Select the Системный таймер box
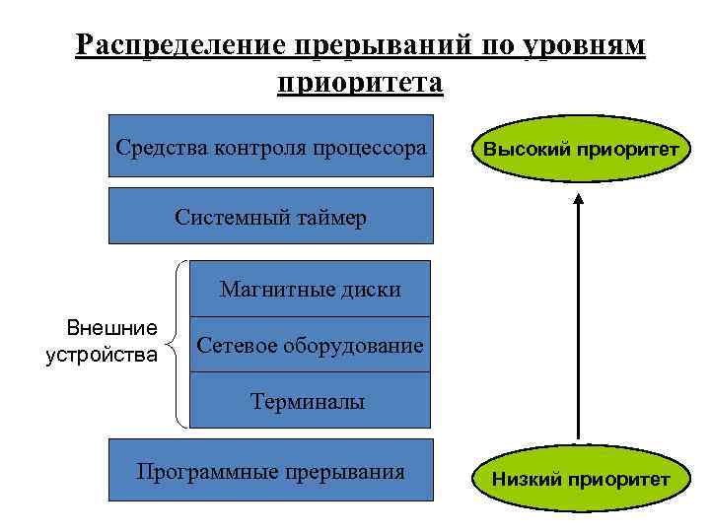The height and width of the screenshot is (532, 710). coord(271,216)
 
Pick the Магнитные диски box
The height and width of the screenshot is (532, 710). coord(310,289)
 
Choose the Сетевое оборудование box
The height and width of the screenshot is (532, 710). coord(310,345)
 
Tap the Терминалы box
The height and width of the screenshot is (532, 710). coord(310,400)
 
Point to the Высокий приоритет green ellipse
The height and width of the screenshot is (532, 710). coord(579,151)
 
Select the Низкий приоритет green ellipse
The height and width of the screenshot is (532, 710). coord(579,479)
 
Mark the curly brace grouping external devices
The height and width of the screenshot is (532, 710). coord(179,344)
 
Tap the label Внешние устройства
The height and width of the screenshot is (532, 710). coord(102,341)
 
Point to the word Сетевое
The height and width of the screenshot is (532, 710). coord(237,346)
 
